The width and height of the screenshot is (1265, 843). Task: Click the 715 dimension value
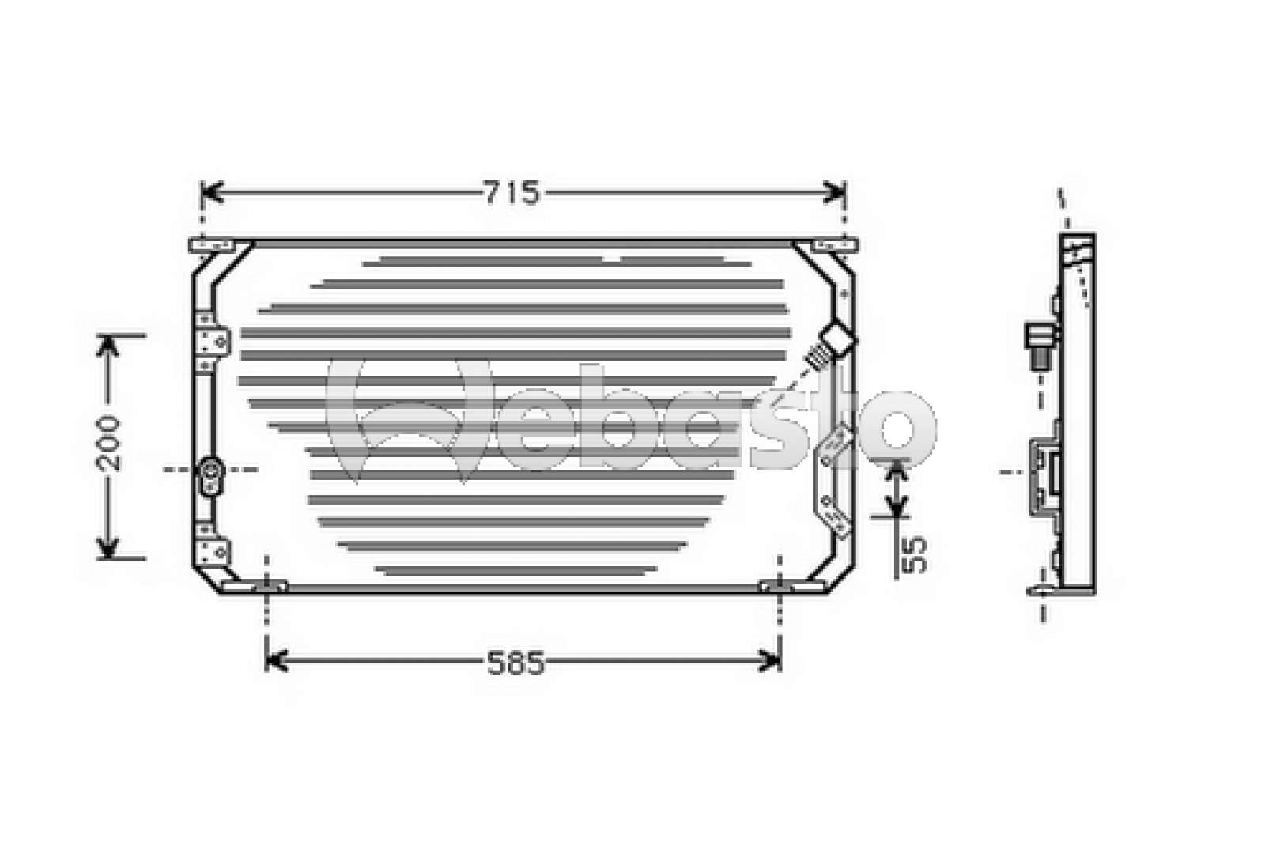point(512,193)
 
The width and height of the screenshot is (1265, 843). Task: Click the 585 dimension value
point(515,663)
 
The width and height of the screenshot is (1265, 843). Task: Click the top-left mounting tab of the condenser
point(211,247)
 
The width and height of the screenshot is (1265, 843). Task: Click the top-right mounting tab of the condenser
point(835,247)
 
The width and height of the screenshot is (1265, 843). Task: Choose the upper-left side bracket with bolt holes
point(212,340)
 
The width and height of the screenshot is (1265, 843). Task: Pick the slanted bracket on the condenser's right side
point(833,482)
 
